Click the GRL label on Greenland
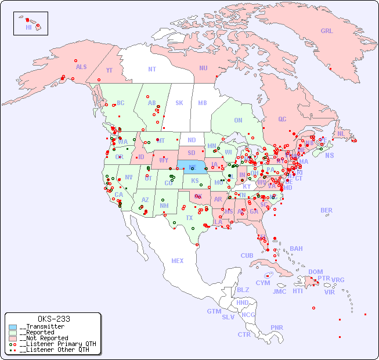(327, 31)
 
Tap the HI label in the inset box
(28, 27)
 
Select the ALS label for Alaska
(81, 67)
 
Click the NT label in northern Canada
(152, 69)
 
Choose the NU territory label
(203, 68)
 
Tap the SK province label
(179, 103)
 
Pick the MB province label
(203, 103)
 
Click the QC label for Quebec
(282, 119)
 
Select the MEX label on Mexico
(178, 261)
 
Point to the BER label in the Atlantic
(327, 210)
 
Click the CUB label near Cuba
(247, 255)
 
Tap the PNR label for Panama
(277, 327)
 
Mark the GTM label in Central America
(214, 311)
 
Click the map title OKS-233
(53, 319)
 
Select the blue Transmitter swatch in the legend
(13, 327)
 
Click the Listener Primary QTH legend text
(57, 344)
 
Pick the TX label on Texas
(189, 218)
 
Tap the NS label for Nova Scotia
(329, 155)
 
